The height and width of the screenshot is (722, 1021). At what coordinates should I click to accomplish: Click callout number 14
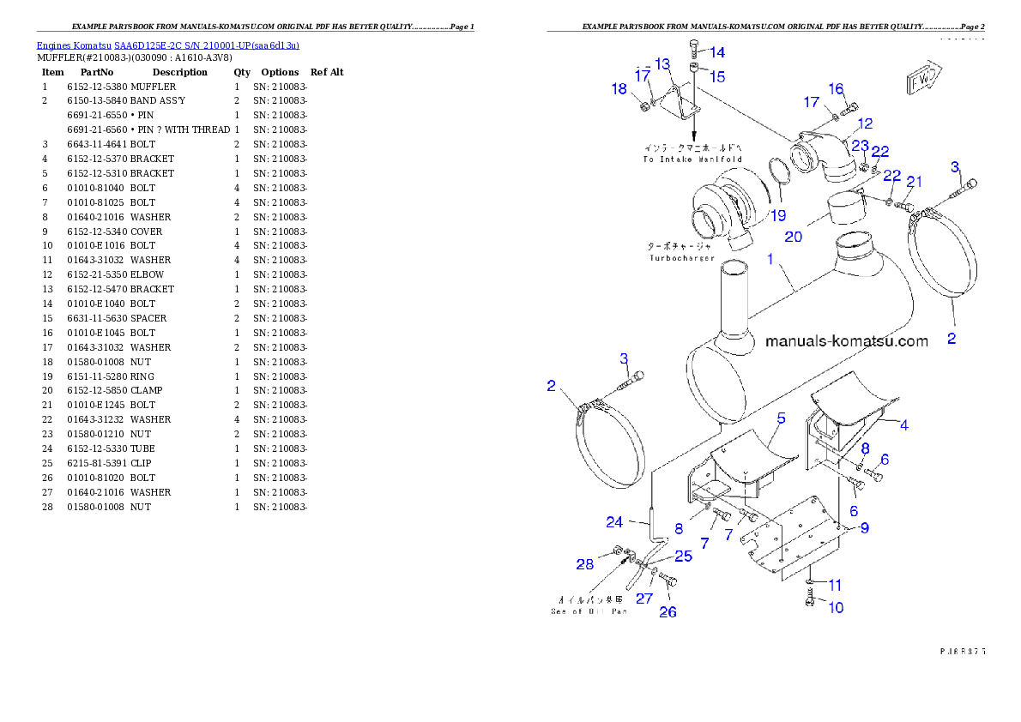coord(716,53)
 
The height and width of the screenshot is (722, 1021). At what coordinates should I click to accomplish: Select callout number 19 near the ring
coord(777,215)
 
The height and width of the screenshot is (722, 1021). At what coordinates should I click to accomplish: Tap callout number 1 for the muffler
coord(770,258)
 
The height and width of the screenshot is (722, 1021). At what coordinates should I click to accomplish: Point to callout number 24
coord(614,521)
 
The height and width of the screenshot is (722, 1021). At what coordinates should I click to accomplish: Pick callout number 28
coord(585,563)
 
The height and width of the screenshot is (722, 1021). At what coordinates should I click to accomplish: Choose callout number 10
coord(835,607)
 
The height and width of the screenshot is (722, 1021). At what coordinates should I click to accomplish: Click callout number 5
coord(782,418)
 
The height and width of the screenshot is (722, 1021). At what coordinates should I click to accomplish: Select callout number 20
coord(794,236)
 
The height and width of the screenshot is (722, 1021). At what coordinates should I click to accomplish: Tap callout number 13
coord(662,64)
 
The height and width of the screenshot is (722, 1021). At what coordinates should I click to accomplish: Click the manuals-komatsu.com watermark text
coord(846,341)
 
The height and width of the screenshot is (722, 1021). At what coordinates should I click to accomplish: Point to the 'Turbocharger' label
coord(681,257)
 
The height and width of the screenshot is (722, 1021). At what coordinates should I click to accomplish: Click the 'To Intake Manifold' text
coord(692,160)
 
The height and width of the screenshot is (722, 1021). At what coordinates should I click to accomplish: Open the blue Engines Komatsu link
coord(167,45)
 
